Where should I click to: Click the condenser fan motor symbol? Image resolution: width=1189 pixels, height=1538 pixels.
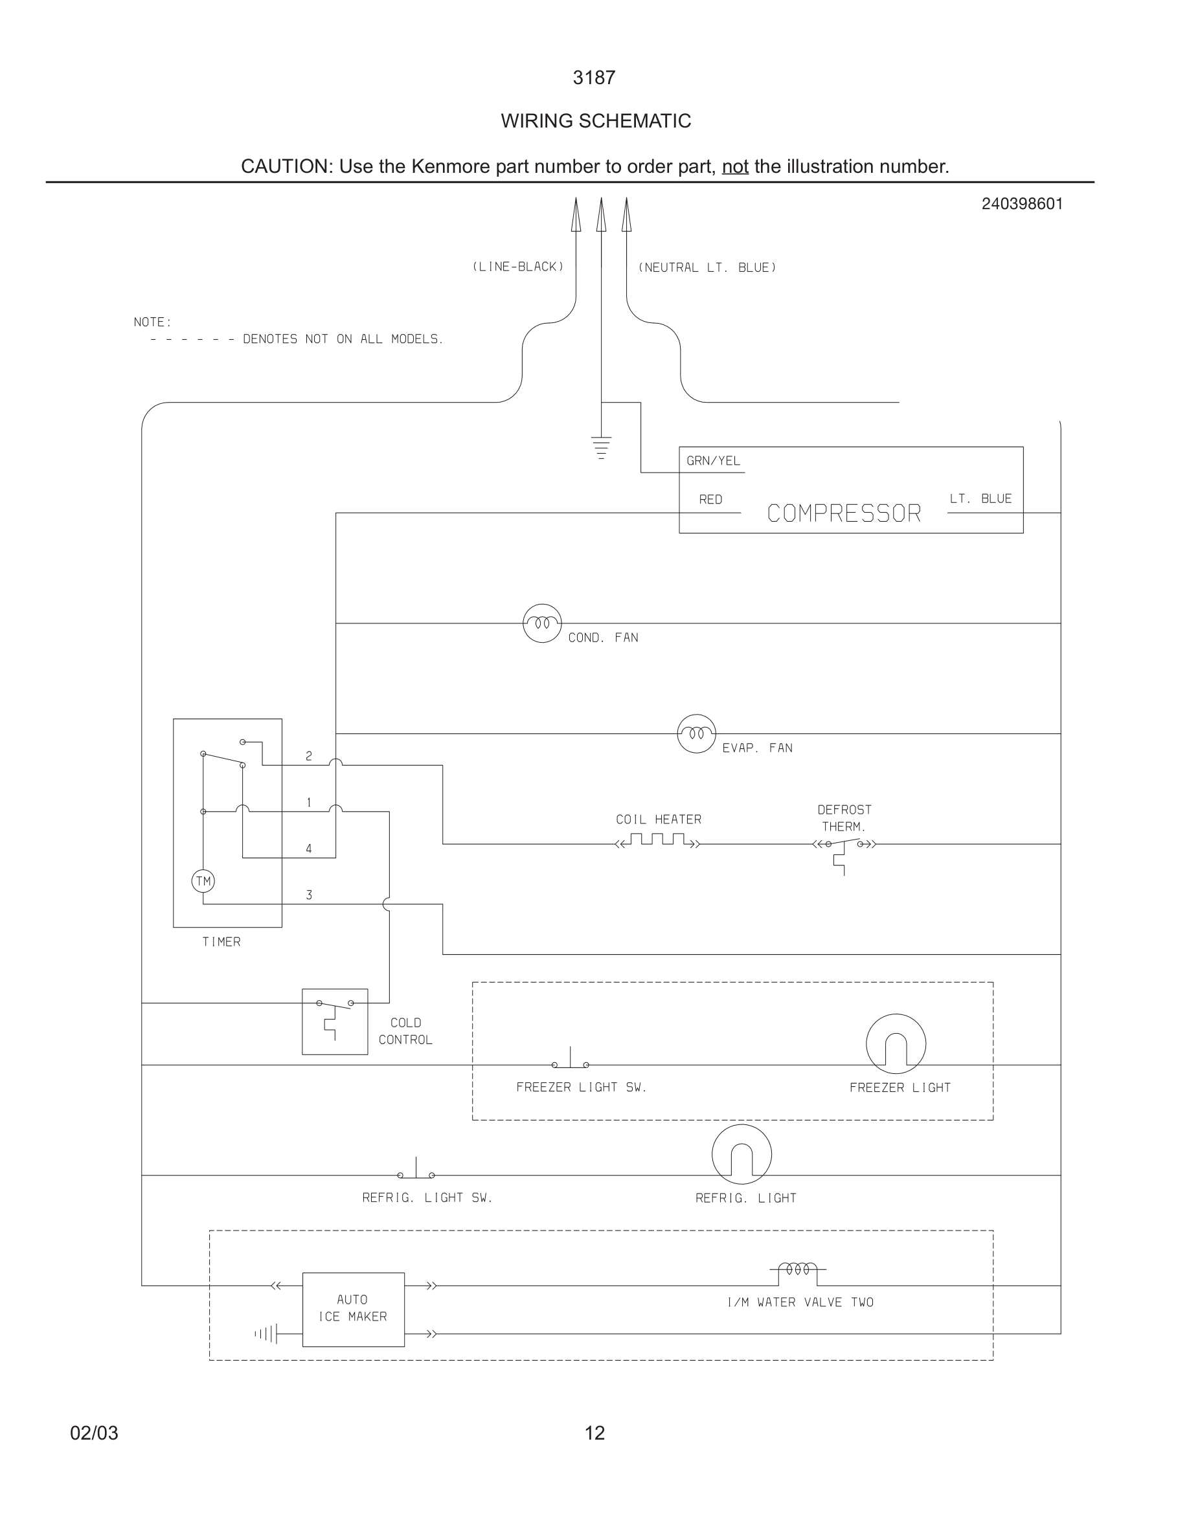pos(541,623)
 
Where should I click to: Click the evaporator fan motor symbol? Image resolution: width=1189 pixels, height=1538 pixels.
pos(696,733)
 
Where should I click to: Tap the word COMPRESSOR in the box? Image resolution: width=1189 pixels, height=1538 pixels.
pos(843,513)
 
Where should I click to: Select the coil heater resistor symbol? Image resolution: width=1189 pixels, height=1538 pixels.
pos(658,840)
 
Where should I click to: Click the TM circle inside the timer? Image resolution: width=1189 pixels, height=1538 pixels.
pos(203,881)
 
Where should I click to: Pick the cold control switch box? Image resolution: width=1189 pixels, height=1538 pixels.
pos(335,1021)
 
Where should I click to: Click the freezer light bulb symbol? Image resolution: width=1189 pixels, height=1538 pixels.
pos(895,1044)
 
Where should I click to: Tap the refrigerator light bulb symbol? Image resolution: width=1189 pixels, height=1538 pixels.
pos(741,1154)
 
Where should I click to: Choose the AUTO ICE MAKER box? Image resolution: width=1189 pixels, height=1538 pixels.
pos(353,1309)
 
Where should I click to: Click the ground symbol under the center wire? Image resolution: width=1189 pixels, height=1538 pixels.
pos(601,447)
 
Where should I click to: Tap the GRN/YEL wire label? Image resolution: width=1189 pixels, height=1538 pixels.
pos(713,460)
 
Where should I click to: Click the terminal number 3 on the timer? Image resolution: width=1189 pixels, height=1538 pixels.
pos(308,895)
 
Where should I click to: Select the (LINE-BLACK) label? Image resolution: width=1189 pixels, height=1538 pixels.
pos(517,267)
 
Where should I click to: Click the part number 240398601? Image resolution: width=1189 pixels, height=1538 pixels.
pos(1021,204)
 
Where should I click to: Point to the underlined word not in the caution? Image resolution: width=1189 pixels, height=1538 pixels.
pos(734,167)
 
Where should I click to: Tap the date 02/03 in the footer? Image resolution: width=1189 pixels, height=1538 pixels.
pos(95,1433)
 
